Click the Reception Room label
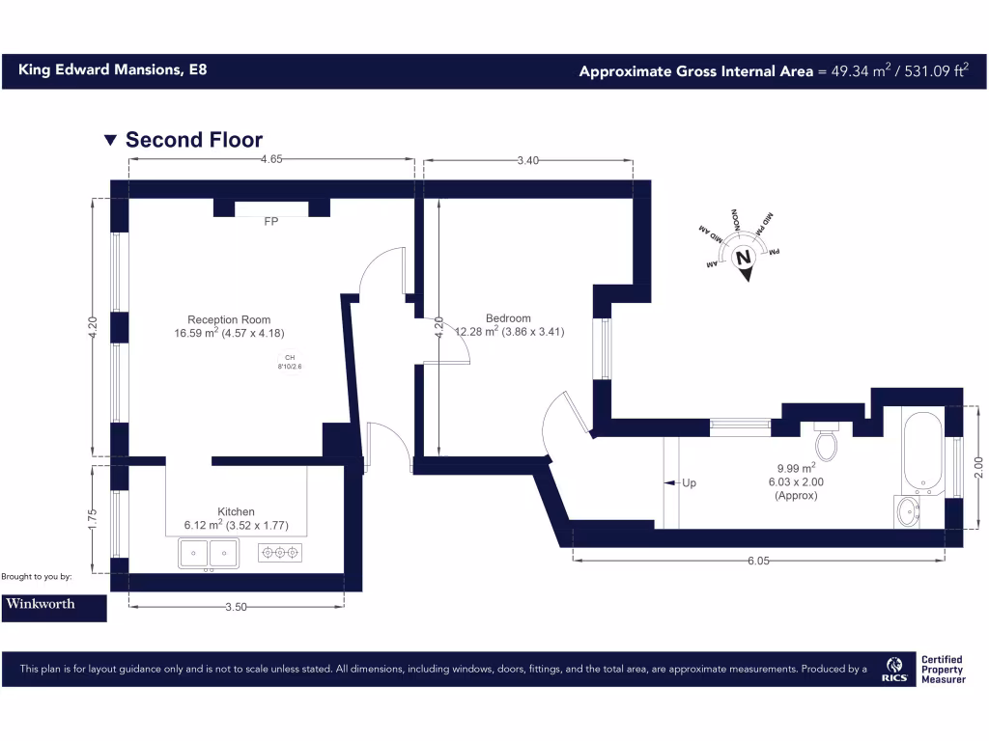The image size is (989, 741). tap(229, 319)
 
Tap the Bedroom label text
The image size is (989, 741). tap(508, 318)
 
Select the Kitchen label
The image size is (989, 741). tap(236, 511)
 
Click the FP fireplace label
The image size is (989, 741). tap(271, 222)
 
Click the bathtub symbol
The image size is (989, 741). tap(923, 449)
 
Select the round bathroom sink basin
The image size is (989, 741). tap(908, 511)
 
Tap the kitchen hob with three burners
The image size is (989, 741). tap(280, 553)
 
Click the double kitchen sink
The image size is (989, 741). tap(209, 553)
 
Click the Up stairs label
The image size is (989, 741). tap(689, 482)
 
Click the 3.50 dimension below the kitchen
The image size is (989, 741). tap(236, 607)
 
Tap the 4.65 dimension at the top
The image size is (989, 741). tap(271, 160)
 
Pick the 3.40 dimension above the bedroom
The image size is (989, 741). tap(527, 160)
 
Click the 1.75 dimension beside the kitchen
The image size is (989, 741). tap(94, 520)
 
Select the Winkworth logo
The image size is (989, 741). tap(53, 604)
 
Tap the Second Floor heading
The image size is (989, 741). tap(193, 140)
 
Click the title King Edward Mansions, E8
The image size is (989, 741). tap(112, 69)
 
